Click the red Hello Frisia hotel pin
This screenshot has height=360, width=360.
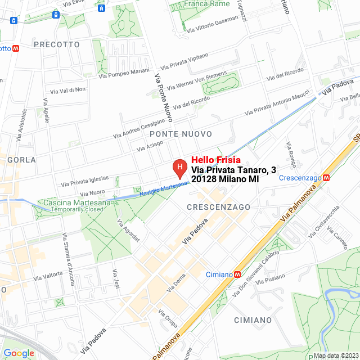(x=179, y=167)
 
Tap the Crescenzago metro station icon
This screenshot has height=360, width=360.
(x=326, y=178)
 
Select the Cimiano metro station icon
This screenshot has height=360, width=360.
(x=237, y=274)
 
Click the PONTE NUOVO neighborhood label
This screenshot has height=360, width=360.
(x=181, y=134)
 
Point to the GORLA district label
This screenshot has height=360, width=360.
(x=21, y=160)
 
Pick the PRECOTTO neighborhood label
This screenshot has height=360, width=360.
(x=57, y=44)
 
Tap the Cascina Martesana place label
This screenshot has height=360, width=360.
(x=70, y=202)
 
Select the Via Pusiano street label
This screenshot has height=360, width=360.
(x=270, y=280)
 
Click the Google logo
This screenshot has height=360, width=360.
(x=19, y=353)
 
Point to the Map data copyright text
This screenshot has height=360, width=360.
(x=336, y=355)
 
